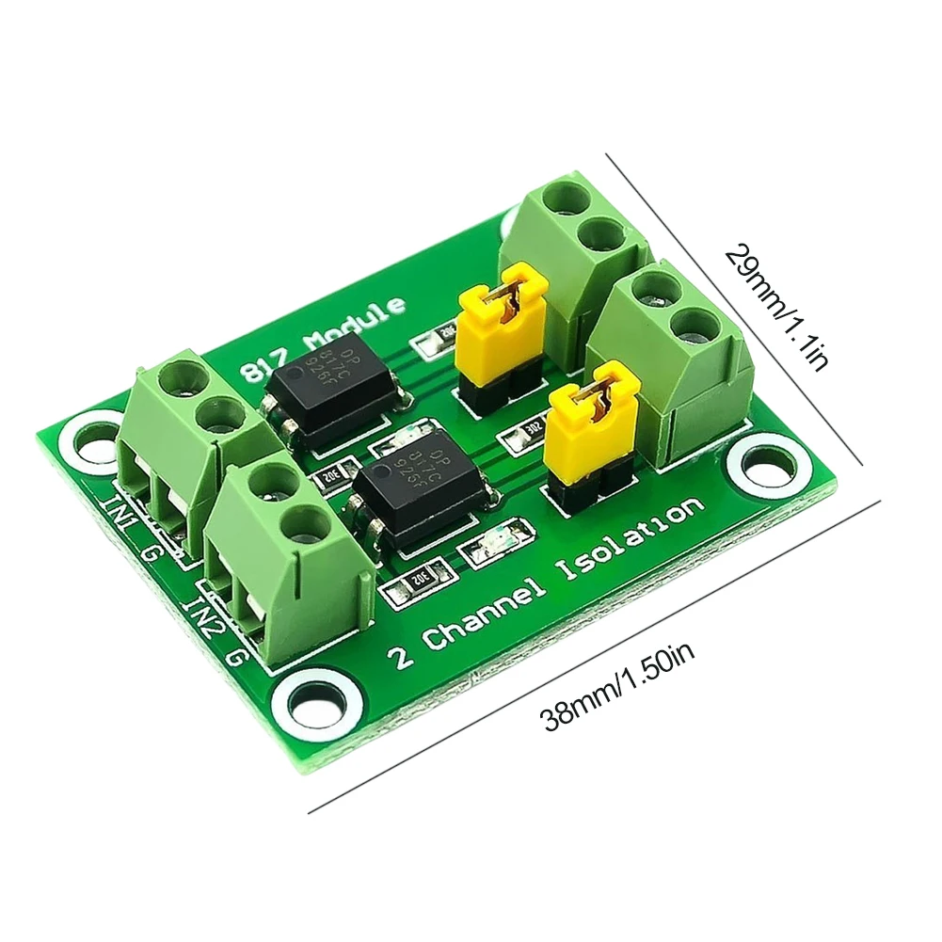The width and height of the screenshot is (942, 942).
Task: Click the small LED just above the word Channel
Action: tap(489, 547)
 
